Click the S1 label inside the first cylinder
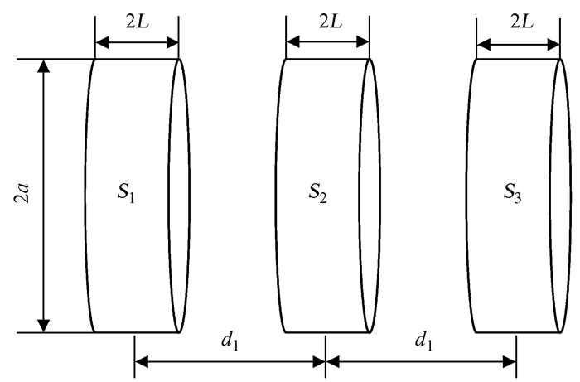coord(128,196)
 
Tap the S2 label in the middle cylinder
coord(318,196)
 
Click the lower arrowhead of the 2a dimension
coord(45,324)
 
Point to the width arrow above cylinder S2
coord(328,41)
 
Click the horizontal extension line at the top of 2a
coord(54,60)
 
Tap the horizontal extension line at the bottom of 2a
coord(54,332)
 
